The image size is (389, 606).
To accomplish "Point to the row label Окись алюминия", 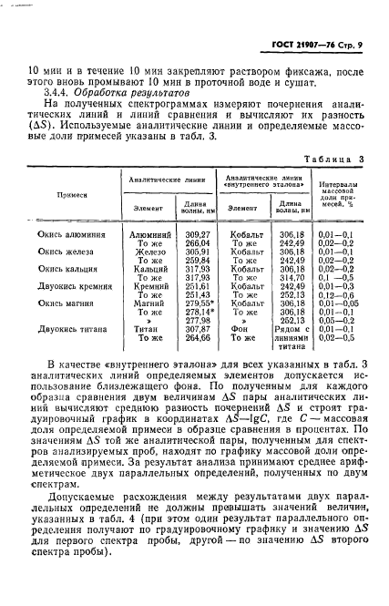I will (70, 234).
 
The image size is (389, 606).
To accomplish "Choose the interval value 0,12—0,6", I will (343, 295).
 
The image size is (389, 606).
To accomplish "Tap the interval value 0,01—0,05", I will (343, 304).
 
